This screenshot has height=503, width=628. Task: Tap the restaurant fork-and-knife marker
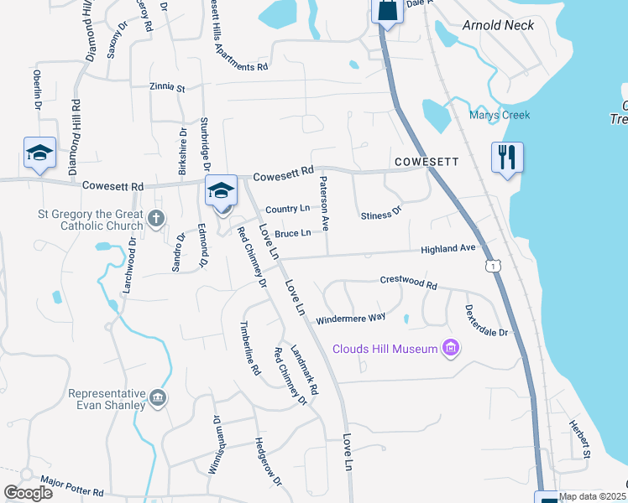tap(507, 158)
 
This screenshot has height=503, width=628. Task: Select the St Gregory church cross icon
tap(155, 220)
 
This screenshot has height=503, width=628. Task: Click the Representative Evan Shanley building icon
tap(157, 396)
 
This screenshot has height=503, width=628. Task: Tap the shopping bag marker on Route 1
tap(386, 10)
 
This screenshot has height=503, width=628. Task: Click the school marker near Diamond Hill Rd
tap(39, 153)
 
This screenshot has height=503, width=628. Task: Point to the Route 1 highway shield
tap(493, 265)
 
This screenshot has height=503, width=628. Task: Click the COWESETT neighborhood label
tap(425, 160)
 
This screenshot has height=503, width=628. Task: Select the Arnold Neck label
tap(498, 25)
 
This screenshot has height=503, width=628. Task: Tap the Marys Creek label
tap(500, 115)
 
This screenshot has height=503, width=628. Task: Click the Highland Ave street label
tap(448, 249)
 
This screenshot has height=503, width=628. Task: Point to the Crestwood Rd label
tap(409, 283)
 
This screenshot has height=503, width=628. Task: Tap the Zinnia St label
tap(167, 86)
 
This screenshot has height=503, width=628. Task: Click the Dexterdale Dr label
tap(487, 320)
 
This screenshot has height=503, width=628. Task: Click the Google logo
tap(28, 493)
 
